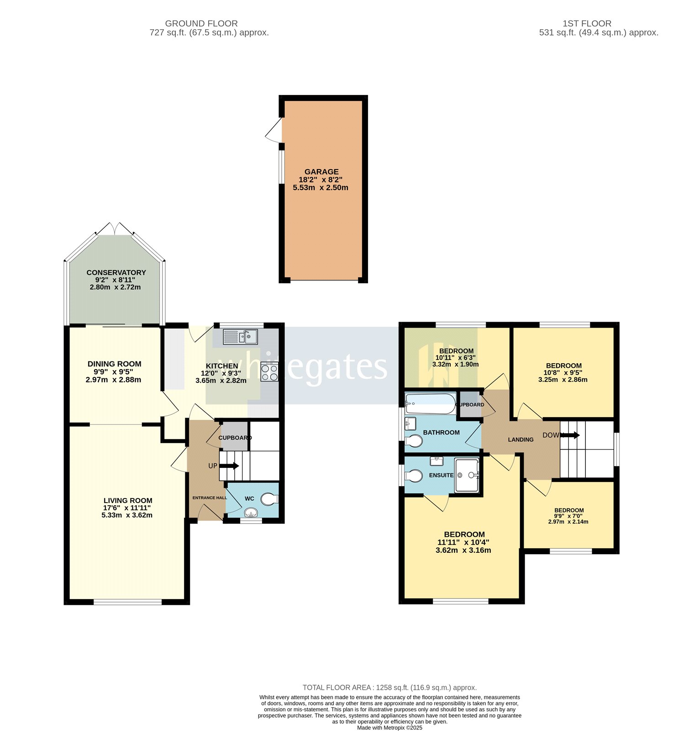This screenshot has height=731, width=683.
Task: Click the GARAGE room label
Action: tap(321, 172)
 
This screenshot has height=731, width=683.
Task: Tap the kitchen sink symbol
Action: tap(240, 337)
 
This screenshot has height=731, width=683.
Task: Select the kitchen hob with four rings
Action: tap(269, 371)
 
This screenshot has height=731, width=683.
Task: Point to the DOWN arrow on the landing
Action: tap(570, 435)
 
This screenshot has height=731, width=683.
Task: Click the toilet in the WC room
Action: tap(269, 499)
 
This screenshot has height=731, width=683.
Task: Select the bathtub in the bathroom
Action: tap(430, 403)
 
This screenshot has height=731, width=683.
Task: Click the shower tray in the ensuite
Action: tap(467, 476)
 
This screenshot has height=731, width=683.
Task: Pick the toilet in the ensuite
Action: tap(414, 476)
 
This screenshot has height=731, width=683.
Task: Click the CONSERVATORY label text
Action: tap(116, 272)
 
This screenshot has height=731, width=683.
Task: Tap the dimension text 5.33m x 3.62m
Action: tap(127, 515)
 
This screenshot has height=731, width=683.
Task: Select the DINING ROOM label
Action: tap(114, 364)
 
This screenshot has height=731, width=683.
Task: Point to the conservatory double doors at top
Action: tap(115, 228)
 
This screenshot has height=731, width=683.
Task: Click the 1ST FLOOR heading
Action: tap(587, 23)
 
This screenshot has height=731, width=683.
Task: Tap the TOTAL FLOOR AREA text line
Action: tap(389, 687)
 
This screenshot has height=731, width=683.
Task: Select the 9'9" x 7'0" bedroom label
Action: tap(568, 516)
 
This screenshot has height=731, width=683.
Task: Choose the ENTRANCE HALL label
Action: tap(209, 498)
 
